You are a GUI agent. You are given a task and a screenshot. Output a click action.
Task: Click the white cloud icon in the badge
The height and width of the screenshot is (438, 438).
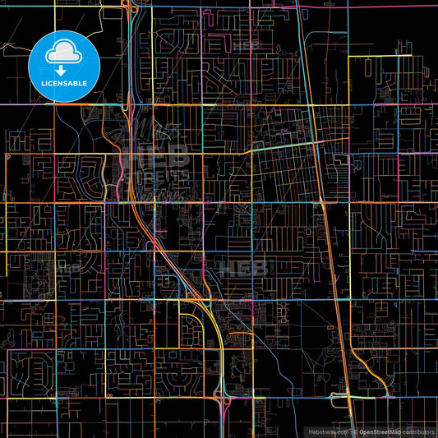(64, 53)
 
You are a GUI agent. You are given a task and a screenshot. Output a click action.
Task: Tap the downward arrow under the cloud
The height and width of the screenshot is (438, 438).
(62, 71)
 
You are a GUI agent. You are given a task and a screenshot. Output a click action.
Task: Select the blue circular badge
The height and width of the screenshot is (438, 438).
(64, 65)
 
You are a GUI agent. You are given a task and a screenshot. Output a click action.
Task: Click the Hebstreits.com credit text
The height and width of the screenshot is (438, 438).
(327, 431)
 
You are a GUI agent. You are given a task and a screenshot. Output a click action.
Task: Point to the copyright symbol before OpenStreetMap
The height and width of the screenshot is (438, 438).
(354, 431)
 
